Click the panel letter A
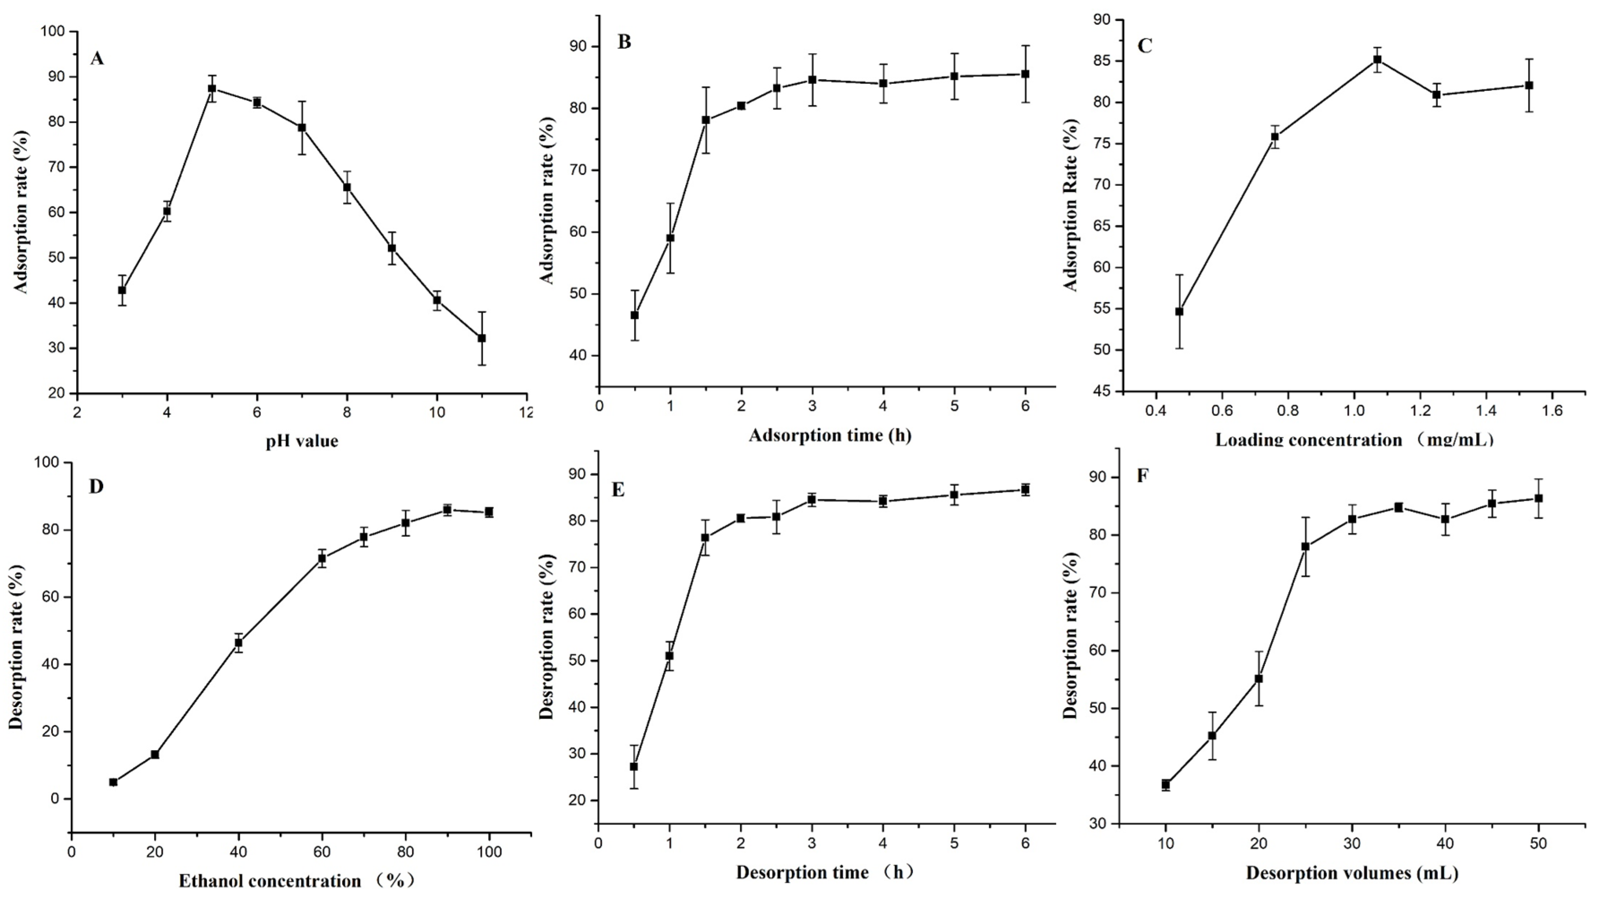[x=97, y=59]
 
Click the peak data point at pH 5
[x=212, y=88]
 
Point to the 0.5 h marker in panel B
[x=634, y=315]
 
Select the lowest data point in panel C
[x=1179, y=311]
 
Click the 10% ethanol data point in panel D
[x=113, y=782]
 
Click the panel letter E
[x=618, y=490]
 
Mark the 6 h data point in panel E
[x=1026, y=490]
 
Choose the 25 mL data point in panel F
[x=1305, y=546]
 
